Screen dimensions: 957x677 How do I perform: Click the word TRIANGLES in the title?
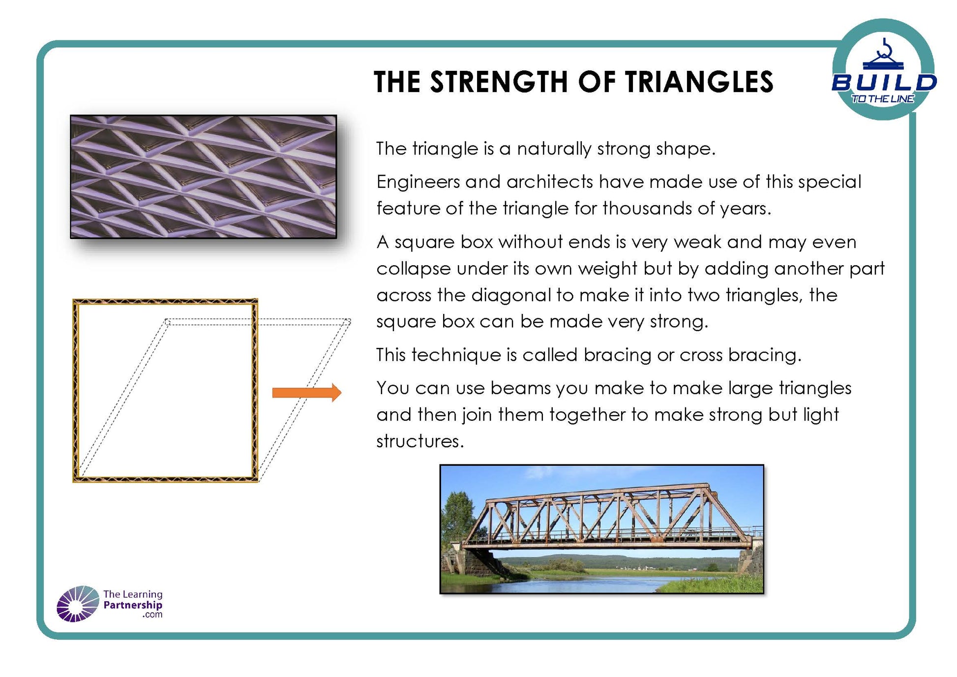click(x=699, y=82)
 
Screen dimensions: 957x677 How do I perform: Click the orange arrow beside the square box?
click(x=307, y=392)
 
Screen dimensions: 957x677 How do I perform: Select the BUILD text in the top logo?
click(x=884, y=83)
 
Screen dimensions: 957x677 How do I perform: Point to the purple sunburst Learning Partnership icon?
click(x=78, y=604)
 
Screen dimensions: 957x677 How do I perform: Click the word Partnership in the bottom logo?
click(x=133, y=605)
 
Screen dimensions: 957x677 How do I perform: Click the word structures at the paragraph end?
click(x=420, y=441)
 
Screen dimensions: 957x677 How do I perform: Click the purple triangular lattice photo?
click(x=204, y=177)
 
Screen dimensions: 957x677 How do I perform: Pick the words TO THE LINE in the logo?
click(x=883, y=99)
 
